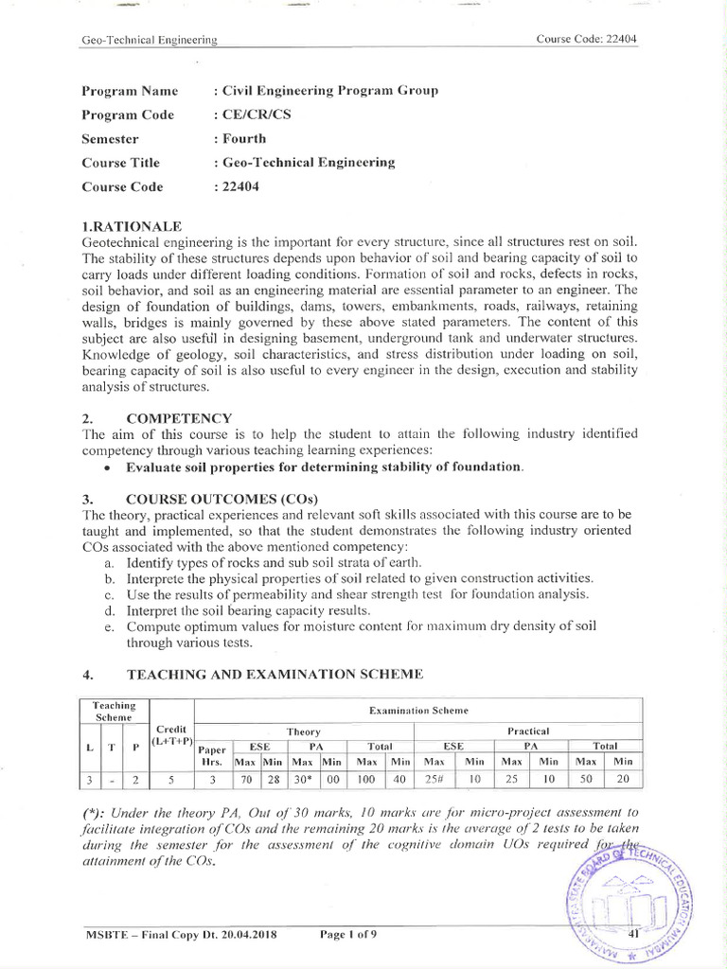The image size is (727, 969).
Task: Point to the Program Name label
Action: pos(130,91)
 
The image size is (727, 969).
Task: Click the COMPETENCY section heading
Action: pos(179,418)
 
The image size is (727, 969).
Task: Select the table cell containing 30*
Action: pos(304,781)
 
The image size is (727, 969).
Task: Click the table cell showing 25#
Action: pos(434,781)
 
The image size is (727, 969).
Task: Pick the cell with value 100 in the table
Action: pos(365,781)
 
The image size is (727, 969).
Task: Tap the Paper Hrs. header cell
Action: pos(213,753)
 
